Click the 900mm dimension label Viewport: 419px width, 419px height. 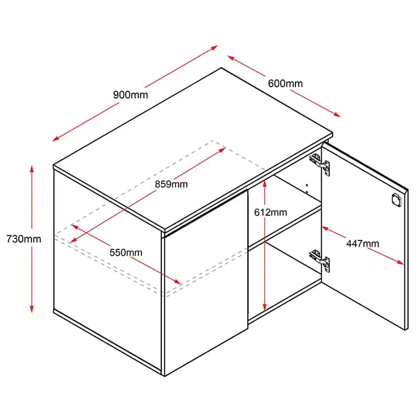tap(130, 95)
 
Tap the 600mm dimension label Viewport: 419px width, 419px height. tap(285, 84)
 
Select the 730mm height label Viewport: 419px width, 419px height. tap(24, 239)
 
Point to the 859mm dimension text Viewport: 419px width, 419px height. tap(171, 184)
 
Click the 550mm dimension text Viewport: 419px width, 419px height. tap(126, 252)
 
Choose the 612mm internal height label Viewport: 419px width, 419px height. tap(270, 213)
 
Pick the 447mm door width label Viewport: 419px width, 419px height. tap(362, 244)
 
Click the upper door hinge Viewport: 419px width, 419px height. tap(320, 164)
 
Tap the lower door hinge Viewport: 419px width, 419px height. tap(320, 260)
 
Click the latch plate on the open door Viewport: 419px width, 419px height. tap(396, 200)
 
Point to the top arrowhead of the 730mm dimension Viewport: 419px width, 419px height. tap(32, 169)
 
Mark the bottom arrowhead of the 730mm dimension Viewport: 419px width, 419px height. tap(32, 308)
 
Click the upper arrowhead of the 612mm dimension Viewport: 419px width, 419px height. tap(264, 184)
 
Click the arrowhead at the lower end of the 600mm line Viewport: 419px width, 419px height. tap(337, 115)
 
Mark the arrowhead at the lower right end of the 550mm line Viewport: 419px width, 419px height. tap(178, 282)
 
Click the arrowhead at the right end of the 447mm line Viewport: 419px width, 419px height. tap(400, 262)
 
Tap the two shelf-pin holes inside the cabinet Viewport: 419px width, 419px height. tap(307, 189)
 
